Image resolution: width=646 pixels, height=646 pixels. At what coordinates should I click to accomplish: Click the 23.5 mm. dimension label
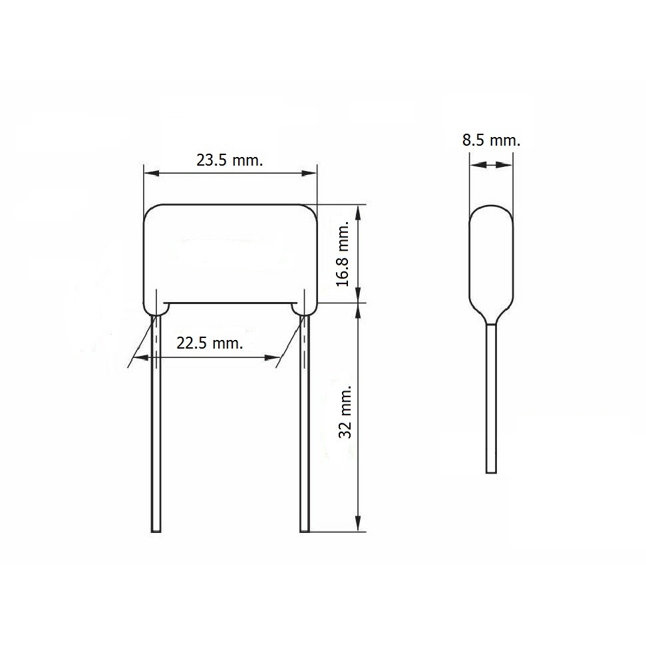[x=230, y=160]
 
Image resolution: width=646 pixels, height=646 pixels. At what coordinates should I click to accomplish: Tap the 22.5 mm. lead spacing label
[x=210, y=343]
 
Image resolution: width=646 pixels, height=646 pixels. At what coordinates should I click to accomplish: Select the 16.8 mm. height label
[x=343, y=253]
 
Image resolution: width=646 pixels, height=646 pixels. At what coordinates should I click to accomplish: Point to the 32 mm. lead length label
[x=345, y=412]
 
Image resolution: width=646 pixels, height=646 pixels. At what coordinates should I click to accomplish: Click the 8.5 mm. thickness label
[x=491, y=140]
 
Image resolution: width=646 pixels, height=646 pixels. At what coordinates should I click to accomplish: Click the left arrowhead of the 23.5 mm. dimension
[x=151, y=173]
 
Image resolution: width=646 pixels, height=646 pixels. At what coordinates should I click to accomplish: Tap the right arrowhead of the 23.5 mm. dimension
[x=309, y=173]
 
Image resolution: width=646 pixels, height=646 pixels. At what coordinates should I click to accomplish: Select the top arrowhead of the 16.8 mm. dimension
[x=359, y=212]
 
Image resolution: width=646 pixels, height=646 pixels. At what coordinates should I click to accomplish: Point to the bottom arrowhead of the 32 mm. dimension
[x=359, y=524]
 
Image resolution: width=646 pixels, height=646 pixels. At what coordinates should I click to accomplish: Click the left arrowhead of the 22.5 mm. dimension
[x=142, y=358]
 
